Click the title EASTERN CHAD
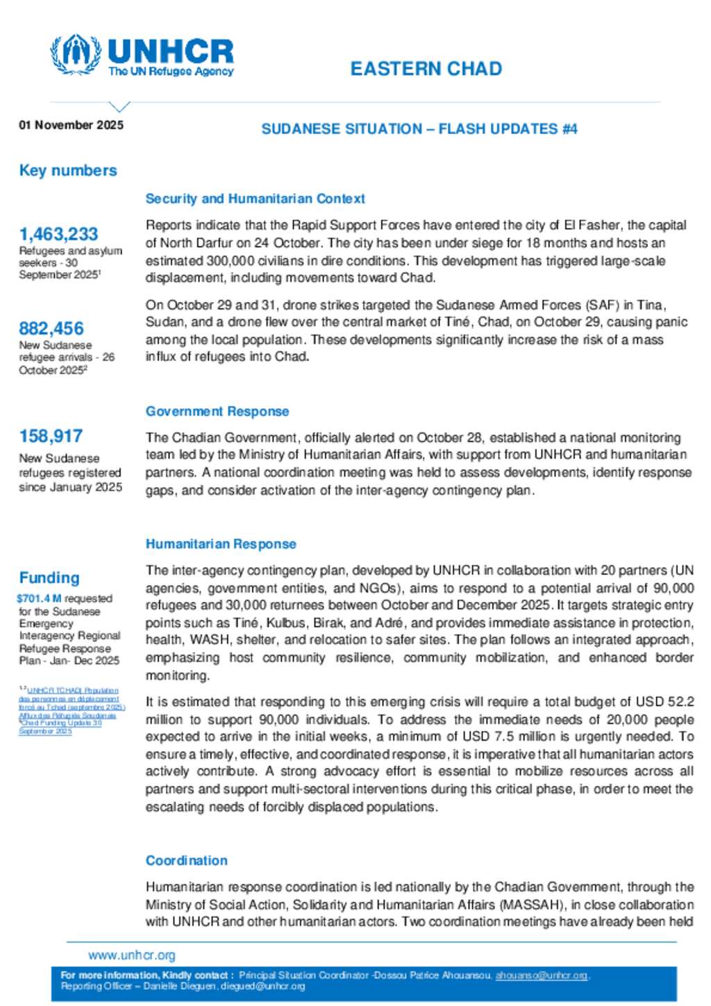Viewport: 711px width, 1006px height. pos(426,69)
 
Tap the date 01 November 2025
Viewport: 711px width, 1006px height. pos(71,125)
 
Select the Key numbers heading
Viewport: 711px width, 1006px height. pos(68,170)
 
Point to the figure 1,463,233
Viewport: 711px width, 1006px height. pos(58,234)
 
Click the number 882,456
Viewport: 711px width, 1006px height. pos(51,328)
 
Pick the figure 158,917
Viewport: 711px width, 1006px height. pos(51,436)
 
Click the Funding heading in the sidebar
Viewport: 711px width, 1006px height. pos(49,578)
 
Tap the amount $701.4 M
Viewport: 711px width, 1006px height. pos(39,598)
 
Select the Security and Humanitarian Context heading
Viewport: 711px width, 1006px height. pos(255,199)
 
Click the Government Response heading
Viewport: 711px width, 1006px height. pos(217,411)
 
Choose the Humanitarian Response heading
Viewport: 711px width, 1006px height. pos(221,544)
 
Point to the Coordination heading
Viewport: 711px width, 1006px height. pos(186,860)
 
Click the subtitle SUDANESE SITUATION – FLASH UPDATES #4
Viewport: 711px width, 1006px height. pos(419,128)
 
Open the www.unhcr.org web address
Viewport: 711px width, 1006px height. pos(132,955)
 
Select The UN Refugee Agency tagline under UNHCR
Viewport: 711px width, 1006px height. pos(171,72)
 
